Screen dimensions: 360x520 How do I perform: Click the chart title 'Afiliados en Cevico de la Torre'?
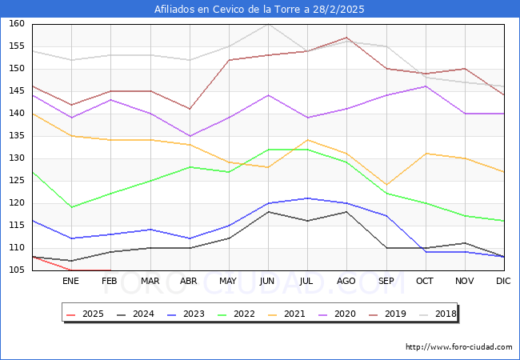[x=259, y=10]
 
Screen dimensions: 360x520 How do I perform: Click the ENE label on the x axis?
[x=71, y=282]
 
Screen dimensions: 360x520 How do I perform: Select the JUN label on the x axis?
[x=268, y=282]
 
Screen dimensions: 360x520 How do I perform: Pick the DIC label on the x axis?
[x=503, y=282]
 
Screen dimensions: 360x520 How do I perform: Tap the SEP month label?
[x=386, y=282]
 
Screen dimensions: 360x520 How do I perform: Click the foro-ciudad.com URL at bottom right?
[x=458, y=347]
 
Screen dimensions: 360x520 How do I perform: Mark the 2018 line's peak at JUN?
[x=268, y=24]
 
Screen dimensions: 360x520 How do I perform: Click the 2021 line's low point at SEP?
[x=386, y=185]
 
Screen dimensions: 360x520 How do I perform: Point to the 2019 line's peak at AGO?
[x=346, y=38]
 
